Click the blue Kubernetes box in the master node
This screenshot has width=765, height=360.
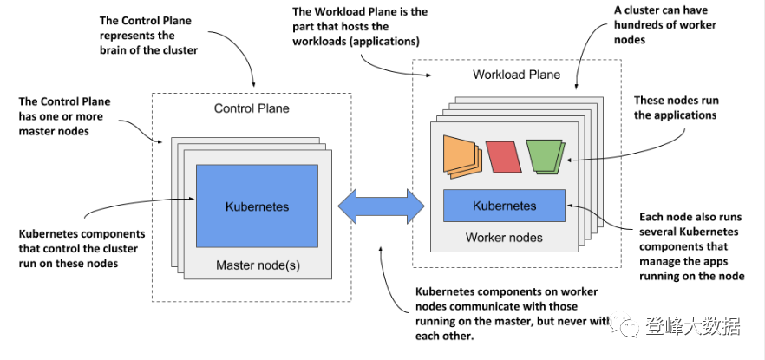coord(257,206)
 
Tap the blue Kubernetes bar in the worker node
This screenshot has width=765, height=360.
coord(504,206)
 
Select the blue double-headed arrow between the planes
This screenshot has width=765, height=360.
coord(381,206)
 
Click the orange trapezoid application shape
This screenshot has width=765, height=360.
coord(462,155)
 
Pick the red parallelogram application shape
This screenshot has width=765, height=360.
coord(502,156)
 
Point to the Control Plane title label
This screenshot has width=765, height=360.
coord(252,108)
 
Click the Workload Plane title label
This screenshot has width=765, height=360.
coord(516,75)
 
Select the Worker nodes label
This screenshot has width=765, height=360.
coord(504,238)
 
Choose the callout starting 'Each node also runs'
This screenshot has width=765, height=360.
coord(689,246)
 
